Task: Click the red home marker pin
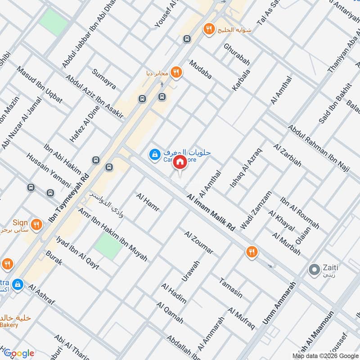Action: tap(180, 162)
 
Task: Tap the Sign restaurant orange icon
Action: tap(38, 224)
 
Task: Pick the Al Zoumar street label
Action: tap(198, 242)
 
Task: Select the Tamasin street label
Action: tap(231, 288)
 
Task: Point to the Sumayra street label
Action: tap(104, 79)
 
